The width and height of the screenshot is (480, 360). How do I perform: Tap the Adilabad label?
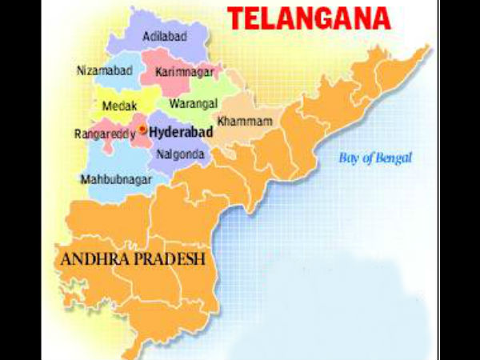(166, 37)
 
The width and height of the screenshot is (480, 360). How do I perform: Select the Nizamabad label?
(104, 70)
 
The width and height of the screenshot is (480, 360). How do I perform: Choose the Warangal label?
(191, 103)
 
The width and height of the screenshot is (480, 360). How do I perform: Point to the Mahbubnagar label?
(116, 180)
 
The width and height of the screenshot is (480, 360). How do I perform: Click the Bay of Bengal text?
(374, 158)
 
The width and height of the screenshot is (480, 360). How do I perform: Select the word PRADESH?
(172, 260)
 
